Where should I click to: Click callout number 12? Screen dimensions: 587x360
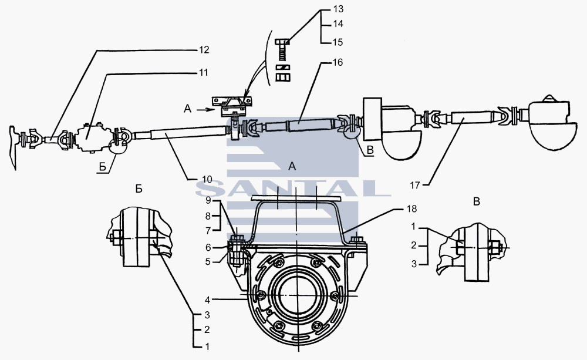[204, 50]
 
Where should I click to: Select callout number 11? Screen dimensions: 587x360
[203, 72]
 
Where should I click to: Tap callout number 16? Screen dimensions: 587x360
[338, 62]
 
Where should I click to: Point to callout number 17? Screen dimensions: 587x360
[415, 185]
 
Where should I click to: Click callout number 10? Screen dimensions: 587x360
[207, 180]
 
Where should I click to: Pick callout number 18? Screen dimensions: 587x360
[411, 208]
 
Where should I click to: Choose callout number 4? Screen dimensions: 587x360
[208, 300]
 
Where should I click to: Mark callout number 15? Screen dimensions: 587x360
[338, 42]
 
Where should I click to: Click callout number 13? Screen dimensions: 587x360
[338, 9]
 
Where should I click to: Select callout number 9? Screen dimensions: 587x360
[208, 201]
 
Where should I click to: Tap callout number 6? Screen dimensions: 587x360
[208, 247]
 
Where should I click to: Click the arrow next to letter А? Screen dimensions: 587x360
[205, 109]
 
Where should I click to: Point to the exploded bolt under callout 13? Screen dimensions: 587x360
[282, 50]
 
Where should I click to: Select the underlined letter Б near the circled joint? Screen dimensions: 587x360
[102, 167]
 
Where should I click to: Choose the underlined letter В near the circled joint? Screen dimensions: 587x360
[370, 150]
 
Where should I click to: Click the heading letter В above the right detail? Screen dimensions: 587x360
[476, 202]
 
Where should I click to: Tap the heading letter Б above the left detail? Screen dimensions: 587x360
[139, 189]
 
